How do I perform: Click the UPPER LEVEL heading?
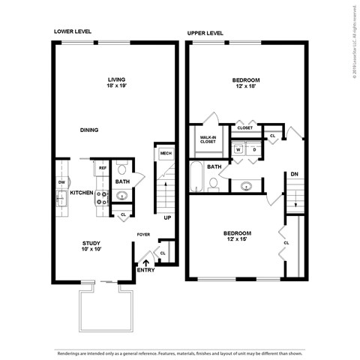click(205, 33)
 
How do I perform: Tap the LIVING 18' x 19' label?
click(116, 82)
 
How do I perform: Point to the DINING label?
click(89, 130)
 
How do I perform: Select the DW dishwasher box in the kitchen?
click(60, 181)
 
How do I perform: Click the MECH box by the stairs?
click(165, 153)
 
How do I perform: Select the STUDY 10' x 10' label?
click(92, 246)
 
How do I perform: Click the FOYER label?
click(143, 235)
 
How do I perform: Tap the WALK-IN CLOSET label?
click(208, 140)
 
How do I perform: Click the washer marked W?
click(238, 149)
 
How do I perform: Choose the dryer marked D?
click(254, 149)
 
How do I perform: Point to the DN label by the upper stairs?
click(294, 175)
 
